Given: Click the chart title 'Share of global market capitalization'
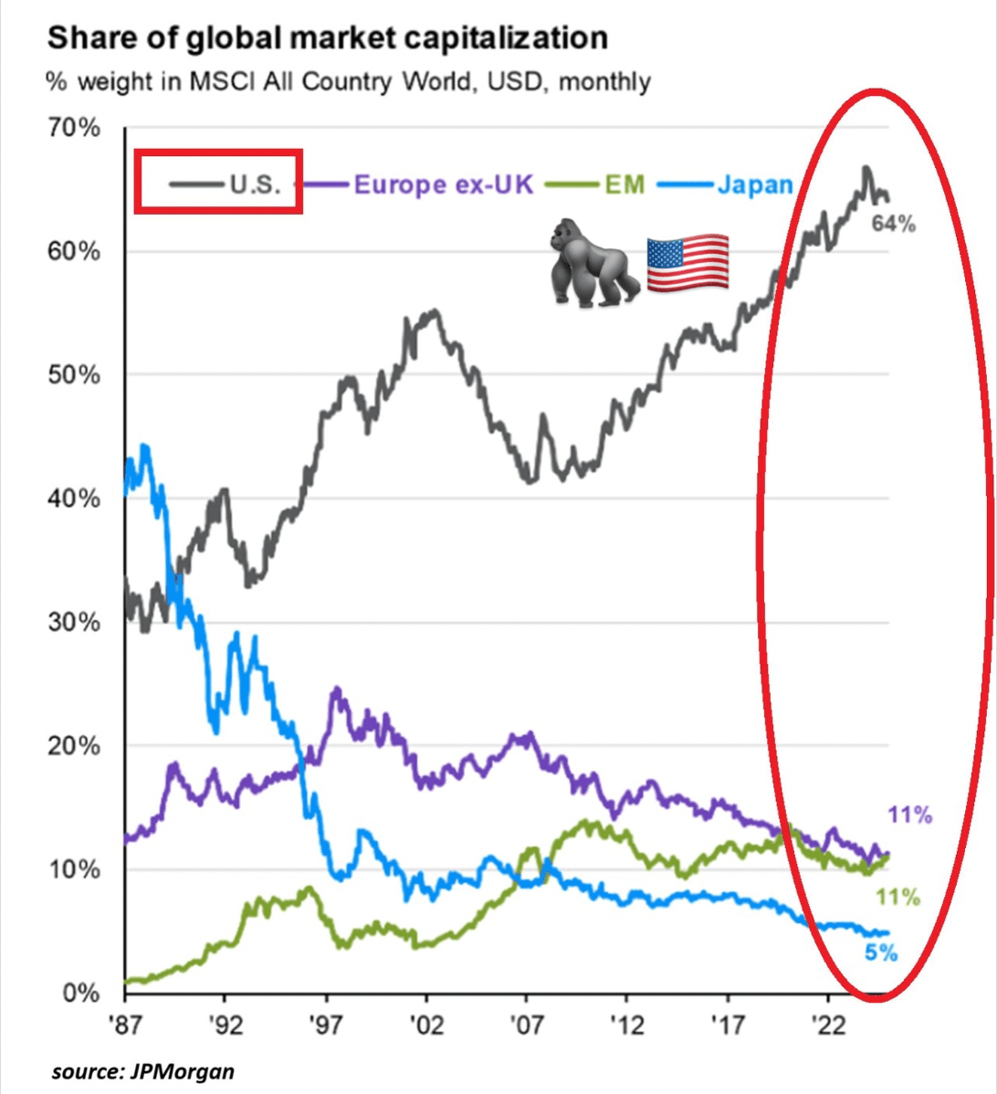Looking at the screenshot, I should click(327, 38).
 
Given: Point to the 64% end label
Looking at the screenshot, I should click(892, 223).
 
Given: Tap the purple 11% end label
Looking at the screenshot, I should click(909, 815).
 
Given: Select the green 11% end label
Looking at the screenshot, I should click(897, 898).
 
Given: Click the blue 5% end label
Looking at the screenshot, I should click(881, 953).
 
